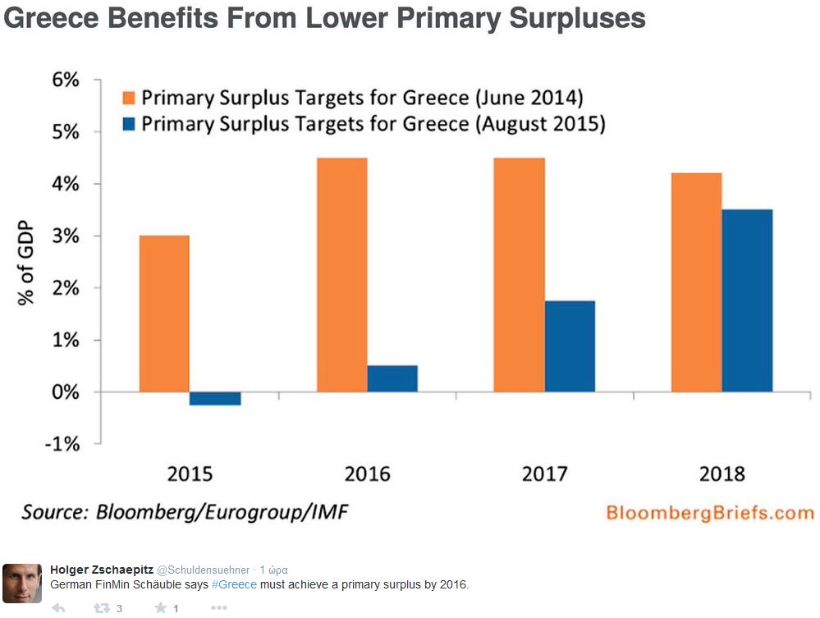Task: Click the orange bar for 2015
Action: pyautogui.click(x=164, y=314)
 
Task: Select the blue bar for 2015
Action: pyautogui.click(x=215, y=399)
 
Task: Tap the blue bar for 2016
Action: pyautogui.click(x=392, y=378)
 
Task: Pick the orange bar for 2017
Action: pyautogui.click(x=519, y=275)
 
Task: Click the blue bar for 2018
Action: pyautogui.click(x=747, y=300)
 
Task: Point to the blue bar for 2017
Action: pyautogui.click(x=570, y=346)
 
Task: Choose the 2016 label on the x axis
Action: pyautogui.click(x=367, y=474)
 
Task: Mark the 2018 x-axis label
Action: pyautogui.click(x=722, y=474)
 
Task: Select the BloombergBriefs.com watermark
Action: pyautogui.click(x=709, y=513)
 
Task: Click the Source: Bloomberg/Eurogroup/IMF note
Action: pyautogui.click(x=185, y=513)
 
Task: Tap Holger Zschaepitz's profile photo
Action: pyautogui.click(x=22, y=583)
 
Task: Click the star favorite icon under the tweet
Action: pyautogui.click(x=161, y=608)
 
